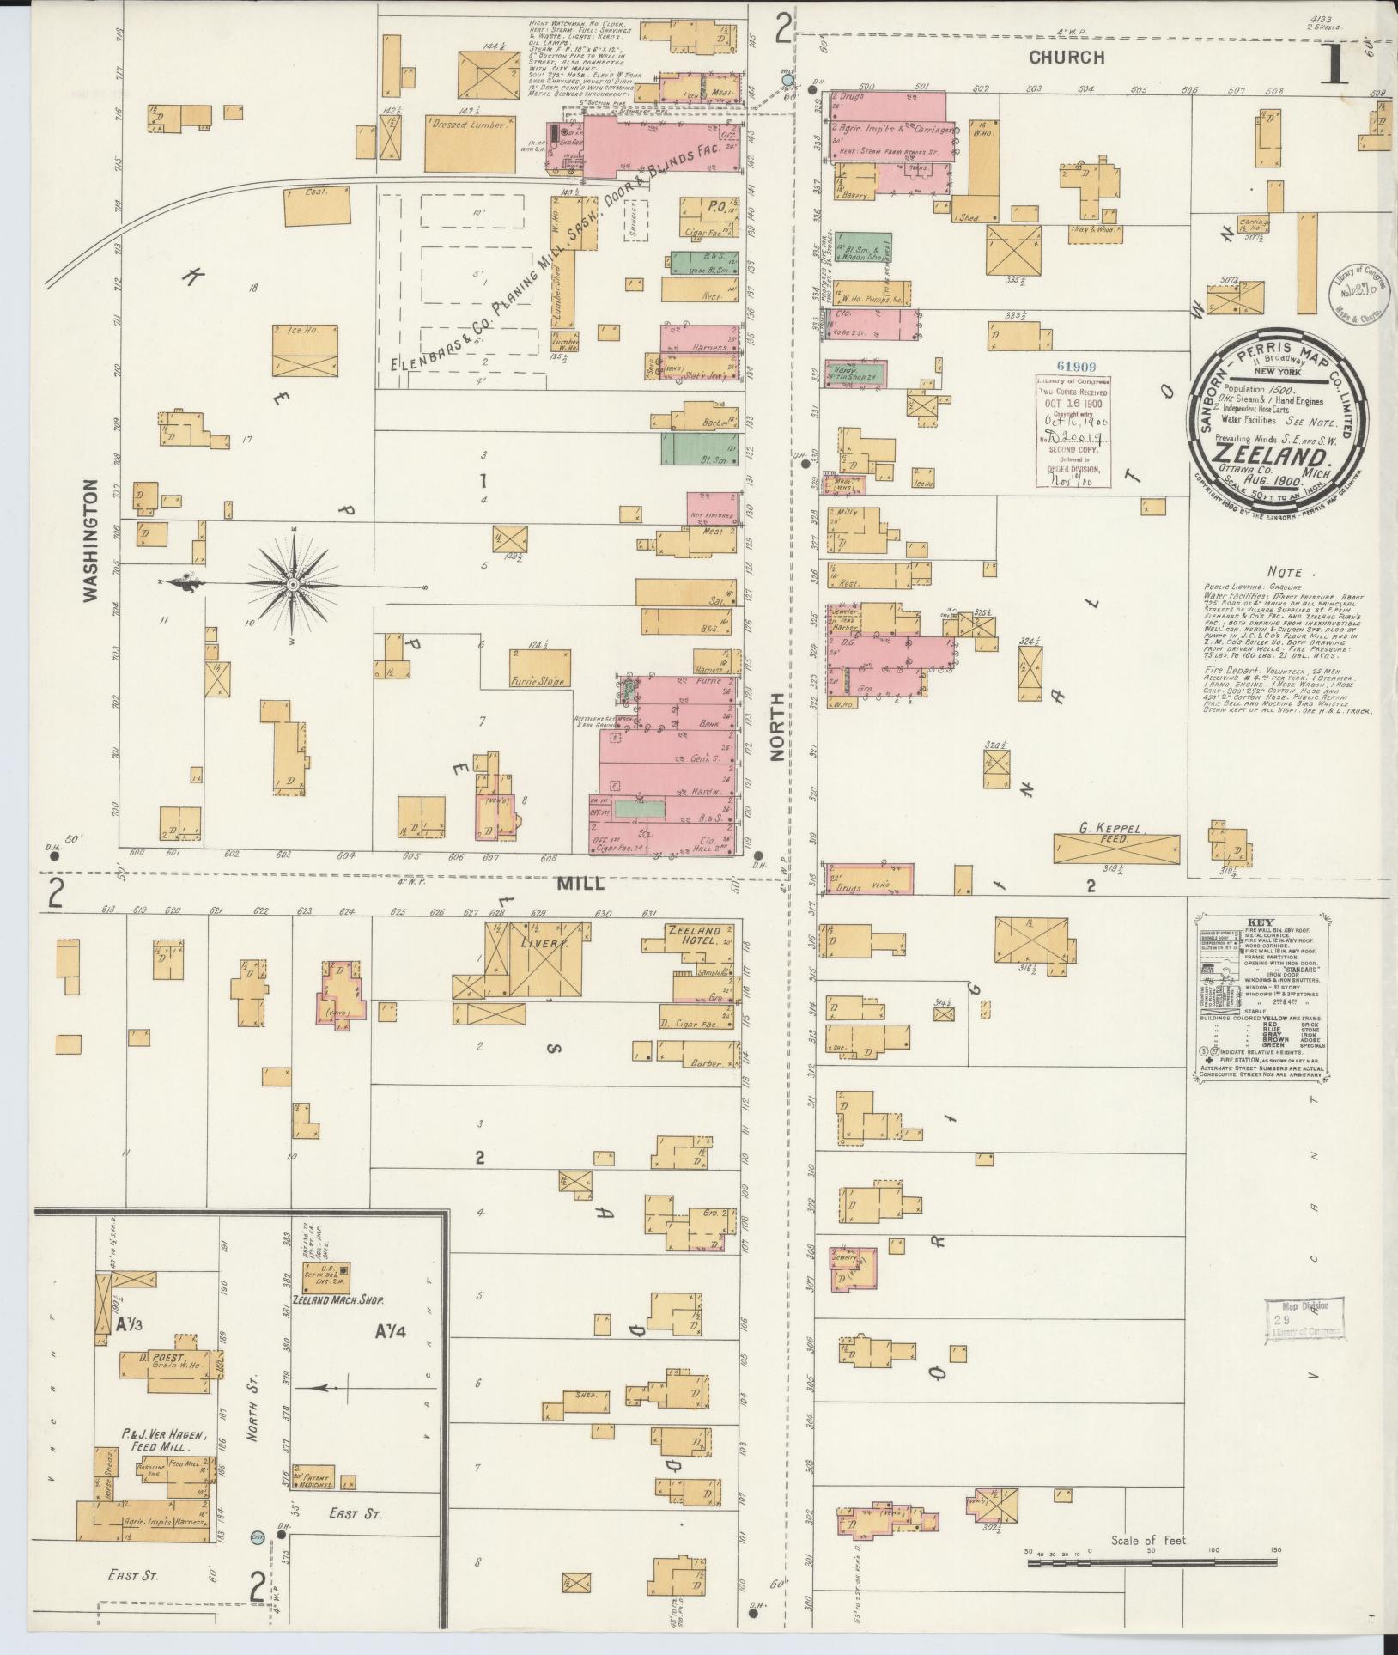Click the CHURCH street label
1067,58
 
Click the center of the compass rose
293,585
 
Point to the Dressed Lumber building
470,143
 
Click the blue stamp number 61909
1073,366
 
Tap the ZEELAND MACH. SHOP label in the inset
337,1300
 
